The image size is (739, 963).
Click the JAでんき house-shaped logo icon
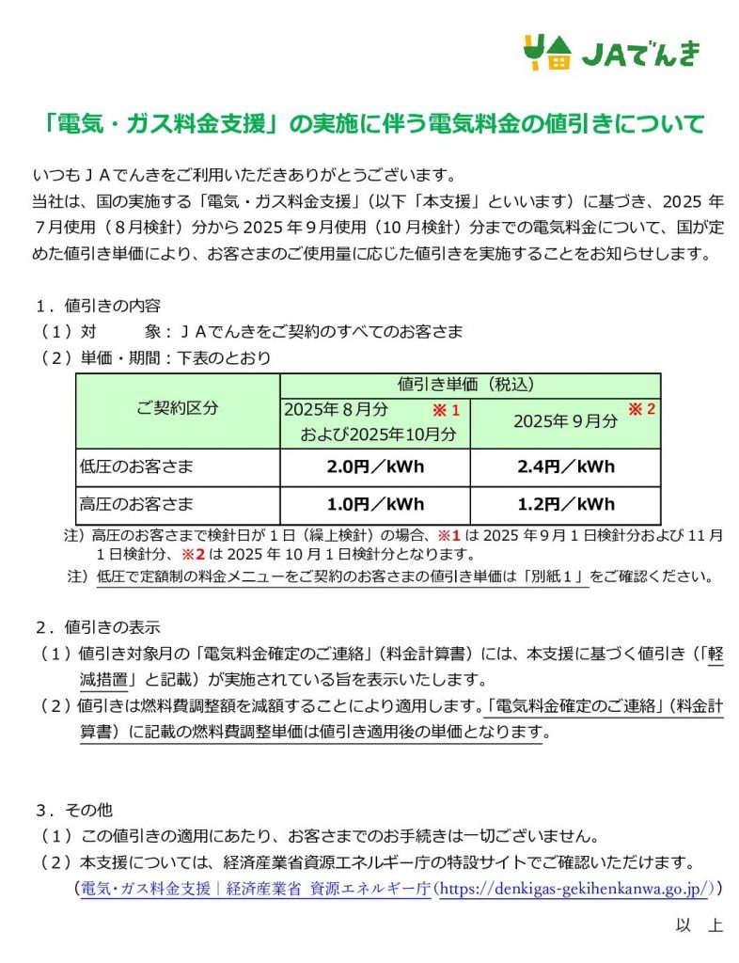coord(546,53)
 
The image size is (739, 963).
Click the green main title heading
coord(374,123)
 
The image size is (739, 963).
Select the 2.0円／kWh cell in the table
coord(374,466)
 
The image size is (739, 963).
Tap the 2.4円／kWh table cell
coord(565,466)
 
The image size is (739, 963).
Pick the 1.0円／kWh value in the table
coord(374,504)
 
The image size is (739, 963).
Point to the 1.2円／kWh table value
coord(565,504)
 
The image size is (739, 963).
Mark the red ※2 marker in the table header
coord(640,410)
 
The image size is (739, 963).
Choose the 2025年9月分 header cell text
coord(565,421)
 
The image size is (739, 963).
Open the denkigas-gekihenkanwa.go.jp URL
coord(577,887)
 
